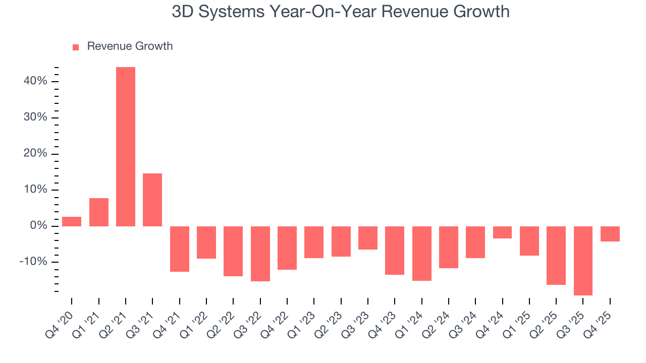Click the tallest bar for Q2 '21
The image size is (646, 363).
pos(126,146)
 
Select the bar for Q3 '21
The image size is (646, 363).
pos(152,200)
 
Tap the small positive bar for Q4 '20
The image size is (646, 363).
pos(72,221)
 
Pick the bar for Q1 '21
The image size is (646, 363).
pos(99,212)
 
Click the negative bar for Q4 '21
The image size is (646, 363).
pos(180,249)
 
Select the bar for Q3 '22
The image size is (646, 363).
pos(260,254)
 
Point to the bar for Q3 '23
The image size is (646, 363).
pos(368,238)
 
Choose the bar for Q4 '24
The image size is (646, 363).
pos(503,232)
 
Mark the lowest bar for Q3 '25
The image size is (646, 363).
pos(583,261)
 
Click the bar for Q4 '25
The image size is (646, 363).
pos(610,234)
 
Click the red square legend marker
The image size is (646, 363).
pos(76,47)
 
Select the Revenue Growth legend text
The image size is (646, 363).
pos(130,46)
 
